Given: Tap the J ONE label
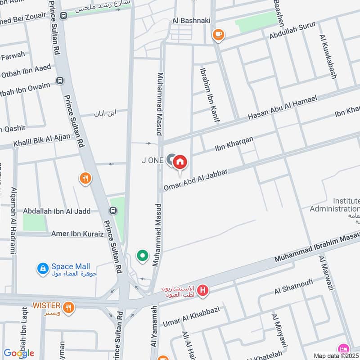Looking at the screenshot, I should tap(152, 160).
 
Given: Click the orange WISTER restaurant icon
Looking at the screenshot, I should tap(69, 307).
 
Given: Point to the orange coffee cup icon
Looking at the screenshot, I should tap(218, 34).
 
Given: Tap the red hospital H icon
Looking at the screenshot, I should tap(203, 291).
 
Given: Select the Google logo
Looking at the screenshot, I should tap(18, 353).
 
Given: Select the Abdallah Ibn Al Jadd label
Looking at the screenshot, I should tap(57, 211).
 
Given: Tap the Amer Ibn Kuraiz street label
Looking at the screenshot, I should tap(77, 234).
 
